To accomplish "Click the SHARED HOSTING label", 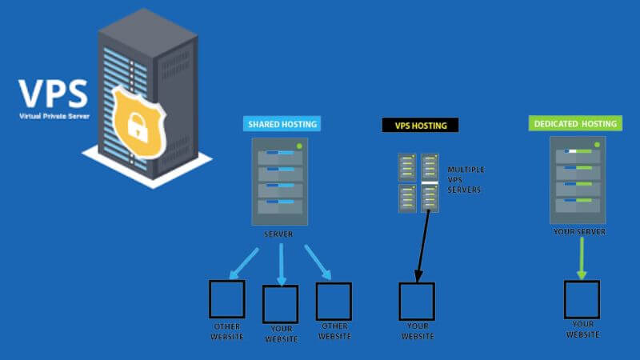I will pos(282,124).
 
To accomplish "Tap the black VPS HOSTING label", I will pos(420,125).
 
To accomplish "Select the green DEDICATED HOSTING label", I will pos(574,124).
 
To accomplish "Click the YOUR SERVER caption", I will pos(578,231).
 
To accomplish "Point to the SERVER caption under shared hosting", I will pos(280,234).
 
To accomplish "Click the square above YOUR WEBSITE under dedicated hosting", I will pos(582,300).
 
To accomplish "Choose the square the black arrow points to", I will pos(417,302).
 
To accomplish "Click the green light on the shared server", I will pos(298,146).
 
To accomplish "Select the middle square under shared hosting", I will pos(280,304).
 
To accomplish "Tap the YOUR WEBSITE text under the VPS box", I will pos(418,330).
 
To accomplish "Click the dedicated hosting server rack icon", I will pos(578,180).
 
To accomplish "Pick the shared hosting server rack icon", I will pos(280,182).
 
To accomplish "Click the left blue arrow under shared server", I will pos(245,263).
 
